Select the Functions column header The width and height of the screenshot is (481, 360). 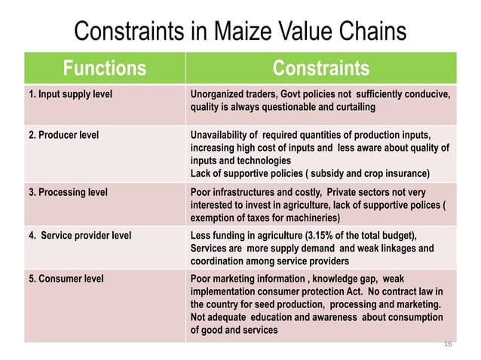coord(104,69)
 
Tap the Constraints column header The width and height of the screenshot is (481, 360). coord(320,69)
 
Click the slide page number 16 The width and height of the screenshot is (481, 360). coord(447,343)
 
